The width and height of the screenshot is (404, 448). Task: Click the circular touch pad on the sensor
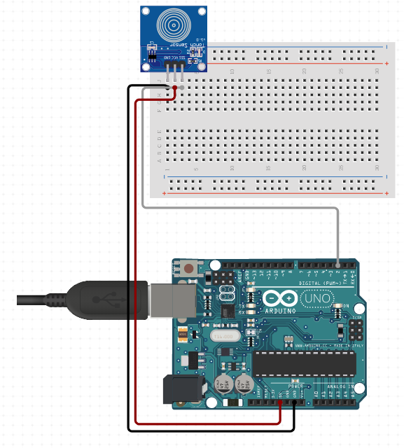click(x=172, y=25)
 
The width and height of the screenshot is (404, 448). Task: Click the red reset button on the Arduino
click(x=189, y=267)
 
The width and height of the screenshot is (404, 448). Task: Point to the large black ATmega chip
click(x=304, y=363)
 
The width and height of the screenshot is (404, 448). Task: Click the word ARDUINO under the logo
click(x=281, y=309)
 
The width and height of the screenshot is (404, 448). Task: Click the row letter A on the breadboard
click(x=160, y=158)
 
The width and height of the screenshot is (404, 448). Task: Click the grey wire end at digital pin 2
click(x=338, y=265)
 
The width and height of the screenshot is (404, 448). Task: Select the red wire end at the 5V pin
click(x=280, y=402)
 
